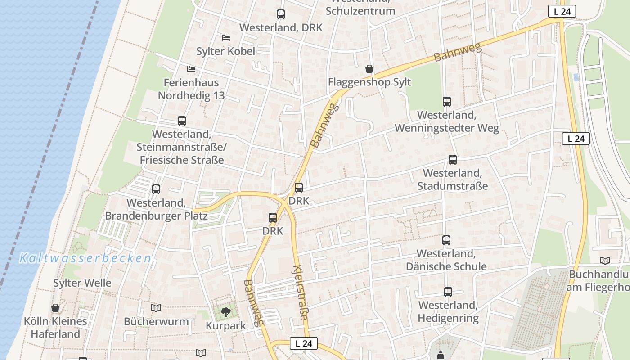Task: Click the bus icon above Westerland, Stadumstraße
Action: coord(453,160)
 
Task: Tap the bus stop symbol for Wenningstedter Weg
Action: coord(446,102)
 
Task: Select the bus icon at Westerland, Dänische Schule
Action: coord(446,240)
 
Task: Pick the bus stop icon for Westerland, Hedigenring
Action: coord(448,292)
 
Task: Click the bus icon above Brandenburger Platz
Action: coord(156,189)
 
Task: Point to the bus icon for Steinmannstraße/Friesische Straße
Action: coord(182,121)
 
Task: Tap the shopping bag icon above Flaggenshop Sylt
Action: coord(369,69)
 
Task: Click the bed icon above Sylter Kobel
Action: coord(226,38)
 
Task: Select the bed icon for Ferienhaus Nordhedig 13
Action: coord(191,69)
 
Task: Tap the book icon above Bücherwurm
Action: coord(156,308)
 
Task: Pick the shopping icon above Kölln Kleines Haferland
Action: coord(55,308)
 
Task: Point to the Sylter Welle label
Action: coord(82,283)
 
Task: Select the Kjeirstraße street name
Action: coord(300,293)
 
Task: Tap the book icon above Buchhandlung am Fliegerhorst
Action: coord(605,261)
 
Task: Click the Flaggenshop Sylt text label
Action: coord(369,82)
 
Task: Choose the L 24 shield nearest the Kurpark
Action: coord(304,343)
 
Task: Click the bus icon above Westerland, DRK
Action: coord(281,14)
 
